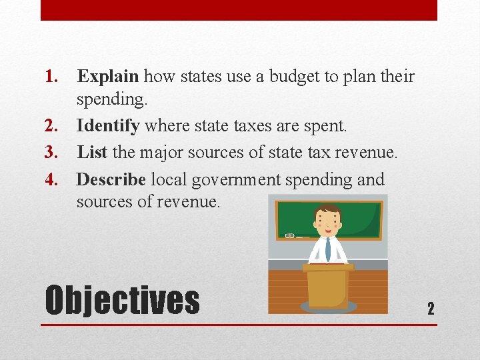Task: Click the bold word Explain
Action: pos(108,77)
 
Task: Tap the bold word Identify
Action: pos(108,125)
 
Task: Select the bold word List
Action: pos(92,152)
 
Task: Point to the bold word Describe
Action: pos(111,179)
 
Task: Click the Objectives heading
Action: pos(122,300)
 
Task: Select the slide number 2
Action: pos(431,308)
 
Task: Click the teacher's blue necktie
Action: pos(327,248)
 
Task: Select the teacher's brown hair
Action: pos(327,211)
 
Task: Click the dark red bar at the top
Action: pos(239,10)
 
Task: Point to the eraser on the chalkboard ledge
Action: pos(290,235)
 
